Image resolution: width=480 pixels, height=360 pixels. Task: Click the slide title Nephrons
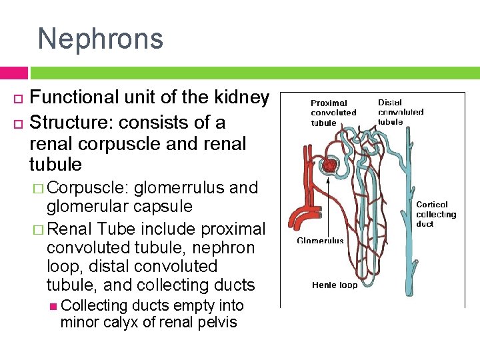click(x=100, y=39)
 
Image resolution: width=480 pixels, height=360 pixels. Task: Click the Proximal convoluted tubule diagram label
click(x=333, y=113)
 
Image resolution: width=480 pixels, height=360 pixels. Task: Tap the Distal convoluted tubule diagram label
click(x=400, y=112)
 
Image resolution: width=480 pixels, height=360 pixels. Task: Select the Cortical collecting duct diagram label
click(x=436, y=214)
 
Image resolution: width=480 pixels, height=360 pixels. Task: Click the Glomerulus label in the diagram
click(x=320, y=241)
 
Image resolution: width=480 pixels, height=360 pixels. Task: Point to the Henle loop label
click(x=335, y=285)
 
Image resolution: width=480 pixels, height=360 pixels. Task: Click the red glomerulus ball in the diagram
click(x=329, y=165)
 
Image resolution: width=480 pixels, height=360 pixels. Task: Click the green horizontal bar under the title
click(x=253, y=73)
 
